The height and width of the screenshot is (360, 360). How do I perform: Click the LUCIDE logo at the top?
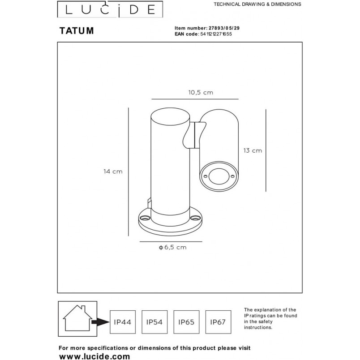[x=110, y=9]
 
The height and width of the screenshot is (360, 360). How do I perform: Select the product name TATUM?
[x=77, y=30]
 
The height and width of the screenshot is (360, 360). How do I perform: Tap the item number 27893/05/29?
[x=224, y=28]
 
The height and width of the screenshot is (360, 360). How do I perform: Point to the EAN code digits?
[x=216, y=34]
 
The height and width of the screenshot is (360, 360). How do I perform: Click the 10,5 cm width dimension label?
[x=201, y=93]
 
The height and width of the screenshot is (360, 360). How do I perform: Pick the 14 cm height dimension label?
[x=113, y=171]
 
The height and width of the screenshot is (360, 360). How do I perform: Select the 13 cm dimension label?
[x=253, y=150]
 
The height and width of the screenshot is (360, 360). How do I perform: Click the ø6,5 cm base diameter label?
[x=173, y=247]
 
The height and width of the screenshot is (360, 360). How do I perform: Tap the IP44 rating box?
[x=123, y=322]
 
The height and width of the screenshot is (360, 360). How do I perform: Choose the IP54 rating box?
[x=154, y=322]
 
